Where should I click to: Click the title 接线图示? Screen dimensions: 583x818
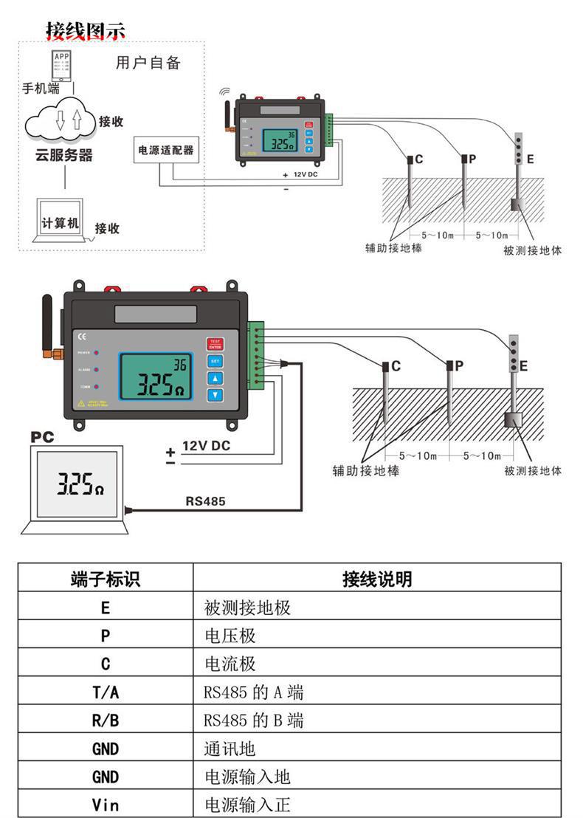click(86, 30)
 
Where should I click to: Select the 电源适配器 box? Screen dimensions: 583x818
click(166, 150)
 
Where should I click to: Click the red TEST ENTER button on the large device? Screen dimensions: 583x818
click(215, 344)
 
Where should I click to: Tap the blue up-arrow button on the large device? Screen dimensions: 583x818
click(215, 378)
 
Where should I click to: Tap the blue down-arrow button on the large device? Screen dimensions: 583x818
click(215, 395)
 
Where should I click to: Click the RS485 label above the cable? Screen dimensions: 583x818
click(205, 501)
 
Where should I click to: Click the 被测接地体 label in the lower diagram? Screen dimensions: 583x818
click(532, 470)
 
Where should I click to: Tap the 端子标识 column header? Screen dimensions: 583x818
click(105, 580)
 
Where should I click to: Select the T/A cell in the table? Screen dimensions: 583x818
click(105, 692)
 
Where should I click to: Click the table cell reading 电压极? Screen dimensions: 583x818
click(230, 636)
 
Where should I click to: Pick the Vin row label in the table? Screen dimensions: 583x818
click(105, 804)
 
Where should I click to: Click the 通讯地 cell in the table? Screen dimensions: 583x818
click(230, 749)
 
